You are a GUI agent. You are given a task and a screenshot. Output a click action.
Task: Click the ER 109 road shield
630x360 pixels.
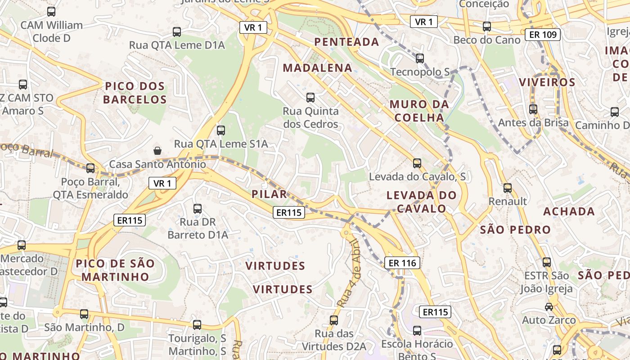coord(542,34)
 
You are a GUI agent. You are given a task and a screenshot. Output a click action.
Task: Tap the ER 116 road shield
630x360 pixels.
coord(402,263)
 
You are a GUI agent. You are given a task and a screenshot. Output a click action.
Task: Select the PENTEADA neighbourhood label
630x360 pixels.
coord(346,42)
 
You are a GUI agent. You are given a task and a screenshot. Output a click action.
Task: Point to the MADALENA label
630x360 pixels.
coord(317,68)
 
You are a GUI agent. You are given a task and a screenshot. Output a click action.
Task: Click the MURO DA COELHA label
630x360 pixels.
coord(419,111)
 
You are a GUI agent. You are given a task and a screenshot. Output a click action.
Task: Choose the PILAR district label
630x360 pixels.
coord(269,194)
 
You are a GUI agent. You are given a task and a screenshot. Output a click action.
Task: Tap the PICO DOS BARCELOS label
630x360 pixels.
coord(135,93)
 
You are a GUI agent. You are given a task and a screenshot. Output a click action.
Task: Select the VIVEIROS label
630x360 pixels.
coord(547,82)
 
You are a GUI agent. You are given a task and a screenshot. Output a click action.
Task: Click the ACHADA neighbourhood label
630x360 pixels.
coord(569,211)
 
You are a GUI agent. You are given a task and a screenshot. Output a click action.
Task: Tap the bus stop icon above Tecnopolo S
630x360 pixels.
coord(420,58)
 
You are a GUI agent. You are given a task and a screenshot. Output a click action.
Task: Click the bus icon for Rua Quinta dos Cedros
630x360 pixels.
coord(310,97)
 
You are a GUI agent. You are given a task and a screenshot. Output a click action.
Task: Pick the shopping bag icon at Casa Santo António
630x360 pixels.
coord(157,150)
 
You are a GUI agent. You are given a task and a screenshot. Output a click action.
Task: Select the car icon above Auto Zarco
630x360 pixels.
coord(549,307)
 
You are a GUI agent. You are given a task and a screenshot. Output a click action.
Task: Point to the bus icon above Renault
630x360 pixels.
coord(508,188)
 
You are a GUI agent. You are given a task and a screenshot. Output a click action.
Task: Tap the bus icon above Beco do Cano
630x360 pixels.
coord(486,26)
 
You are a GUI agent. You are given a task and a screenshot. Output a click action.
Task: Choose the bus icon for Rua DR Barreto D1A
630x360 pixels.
coord(198,208)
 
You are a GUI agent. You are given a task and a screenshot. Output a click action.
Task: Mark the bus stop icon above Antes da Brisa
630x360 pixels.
coord(533,109)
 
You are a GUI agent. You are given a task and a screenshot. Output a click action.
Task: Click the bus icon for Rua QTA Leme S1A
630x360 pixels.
coord(220,130)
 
